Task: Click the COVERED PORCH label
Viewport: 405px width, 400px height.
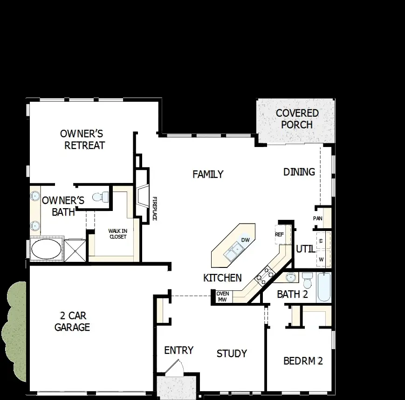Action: point(297,119)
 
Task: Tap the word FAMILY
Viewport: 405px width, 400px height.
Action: point(208,174)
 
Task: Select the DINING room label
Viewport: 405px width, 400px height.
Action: point(299,172)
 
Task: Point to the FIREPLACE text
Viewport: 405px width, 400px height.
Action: point(155,209)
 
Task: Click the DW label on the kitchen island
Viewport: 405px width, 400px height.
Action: point(246,240)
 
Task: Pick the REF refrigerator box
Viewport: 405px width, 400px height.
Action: point(279,234)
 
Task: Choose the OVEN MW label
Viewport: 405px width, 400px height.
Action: point(222,296)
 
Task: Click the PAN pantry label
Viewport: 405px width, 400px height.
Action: point(317,218)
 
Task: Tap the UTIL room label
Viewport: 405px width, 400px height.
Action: point(305,249)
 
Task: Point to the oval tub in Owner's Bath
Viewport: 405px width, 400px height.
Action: point(46,249)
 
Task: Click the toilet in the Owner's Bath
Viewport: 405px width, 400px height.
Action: point(100,197)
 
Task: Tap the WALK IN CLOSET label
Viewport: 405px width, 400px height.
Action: point(117,234)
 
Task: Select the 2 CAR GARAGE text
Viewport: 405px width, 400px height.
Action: point(72,321)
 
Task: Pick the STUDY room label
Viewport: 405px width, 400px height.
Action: point(232,353)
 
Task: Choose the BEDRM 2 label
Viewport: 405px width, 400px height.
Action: point(303,361)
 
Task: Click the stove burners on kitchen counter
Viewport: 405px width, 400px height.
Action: point(263,275)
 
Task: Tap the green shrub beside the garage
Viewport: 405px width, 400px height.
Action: point(14,327)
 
